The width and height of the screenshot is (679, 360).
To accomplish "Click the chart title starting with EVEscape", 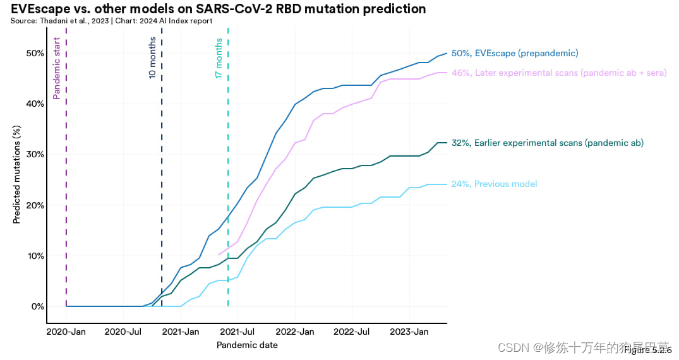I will coord(218,9).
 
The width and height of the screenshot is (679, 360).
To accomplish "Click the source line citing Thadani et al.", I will coord(111,21).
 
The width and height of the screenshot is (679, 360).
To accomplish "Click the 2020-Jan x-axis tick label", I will coord(66,332).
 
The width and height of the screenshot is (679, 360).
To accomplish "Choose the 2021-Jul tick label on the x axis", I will coord(237,332).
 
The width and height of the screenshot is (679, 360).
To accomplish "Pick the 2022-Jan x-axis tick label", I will coord(295,332).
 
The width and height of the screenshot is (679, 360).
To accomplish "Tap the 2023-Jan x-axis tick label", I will coord(410,332).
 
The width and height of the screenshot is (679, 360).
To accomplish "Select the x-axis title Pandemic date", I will coord(247,345).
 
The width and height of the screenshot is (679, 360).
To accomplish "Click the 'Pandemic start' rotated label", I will coord(57,68).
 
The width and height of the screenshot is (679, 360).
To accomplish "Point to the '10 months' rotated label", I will coord(152,57).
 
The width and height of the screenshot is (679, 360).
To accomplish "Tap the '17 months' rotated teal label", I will coord(219,59).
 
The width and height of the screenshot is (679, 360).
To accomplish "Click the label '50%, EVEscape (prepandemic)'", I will coord(515,54).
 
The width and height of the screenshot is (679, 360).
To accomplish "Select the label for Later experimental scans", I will coord(559,73).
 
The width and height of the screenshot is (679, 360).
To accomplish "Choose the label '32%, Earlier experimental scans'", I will coord(548,143).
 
